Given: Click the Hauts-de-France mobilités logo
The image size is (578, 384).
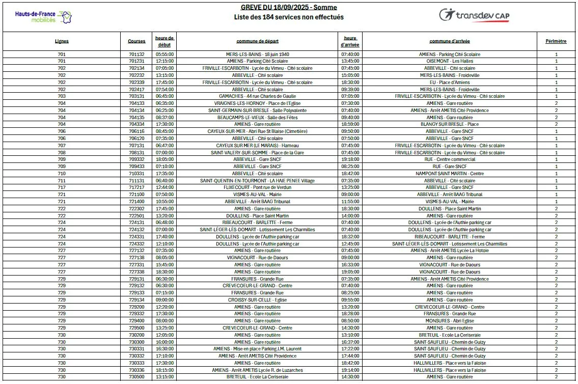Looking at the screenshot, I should pos(44,16).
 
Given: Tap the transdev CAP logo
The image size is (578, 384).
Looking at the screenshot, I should pos(474,15).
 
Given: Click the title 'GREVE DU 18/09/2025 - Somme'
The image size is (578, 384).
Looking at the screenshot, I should pos(289,7).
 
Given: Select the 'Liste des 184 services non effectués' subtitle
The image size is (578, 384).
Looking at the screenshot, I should pos(289,17).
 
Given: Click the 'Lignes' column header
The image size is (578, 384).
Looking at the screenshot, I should pos(62,41).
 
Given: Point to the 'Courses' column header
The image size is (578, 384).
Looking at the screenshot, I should pos(136,41).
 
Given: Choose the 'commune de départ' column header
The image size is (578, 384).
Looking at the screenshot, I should pos(257,41).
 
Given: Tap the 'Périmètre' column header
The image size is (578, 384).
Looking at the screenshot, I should pos(556,41).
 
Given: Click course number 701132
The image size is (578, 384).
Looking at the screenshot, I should pos(136,54).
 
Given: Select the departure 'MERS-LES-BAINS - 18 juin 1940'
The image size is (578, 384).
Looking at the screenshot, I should pos(257,54).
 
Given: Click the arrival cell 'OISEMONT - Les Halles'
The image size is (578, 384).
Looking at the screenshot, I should pos(449,61).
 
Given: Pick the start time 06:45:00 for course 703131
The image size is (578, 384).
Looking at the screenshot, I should pos(165,96).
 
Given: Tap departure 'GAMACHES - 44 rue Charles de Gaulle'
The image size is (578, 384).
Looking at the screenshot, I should pos(257,96).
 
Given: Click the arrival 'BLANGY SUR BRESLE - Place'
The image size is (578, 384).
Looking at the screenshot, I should pos(449,124).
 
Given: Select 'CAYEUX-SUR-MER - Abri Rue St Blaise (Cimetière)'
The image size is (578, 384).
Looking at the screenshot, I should pos(257,131).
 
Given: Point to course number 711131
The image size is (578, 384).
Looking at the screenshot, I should pos(136,180).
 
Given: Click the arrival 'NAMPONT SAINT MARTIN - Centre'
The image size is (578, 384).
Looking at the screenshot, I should pos(449,174).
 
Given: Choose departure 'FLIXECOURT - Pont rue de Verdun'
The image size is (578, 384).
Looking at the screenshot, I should pos(257,187).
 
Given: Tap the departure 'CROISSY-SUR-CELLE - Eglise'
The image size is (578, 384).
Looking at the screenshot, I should pos(257,300).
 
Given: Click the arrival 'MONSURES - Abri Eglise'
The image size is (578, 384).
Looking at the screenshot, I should pos(449,321).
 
